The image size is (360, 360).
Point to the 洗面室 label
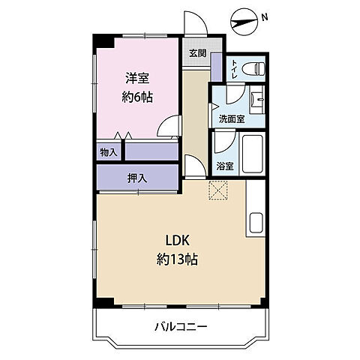click(231, 118)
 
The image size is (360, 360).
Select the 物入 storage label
click(109, 152)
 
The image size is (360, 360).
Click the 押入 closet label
click(136, 178)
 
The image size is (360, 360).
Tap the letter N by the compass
click(265, 16)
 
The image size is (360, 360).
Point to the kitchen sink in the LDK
click(255, 223)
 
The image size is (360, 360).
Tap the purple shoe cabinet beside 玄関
click(216, 67)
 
